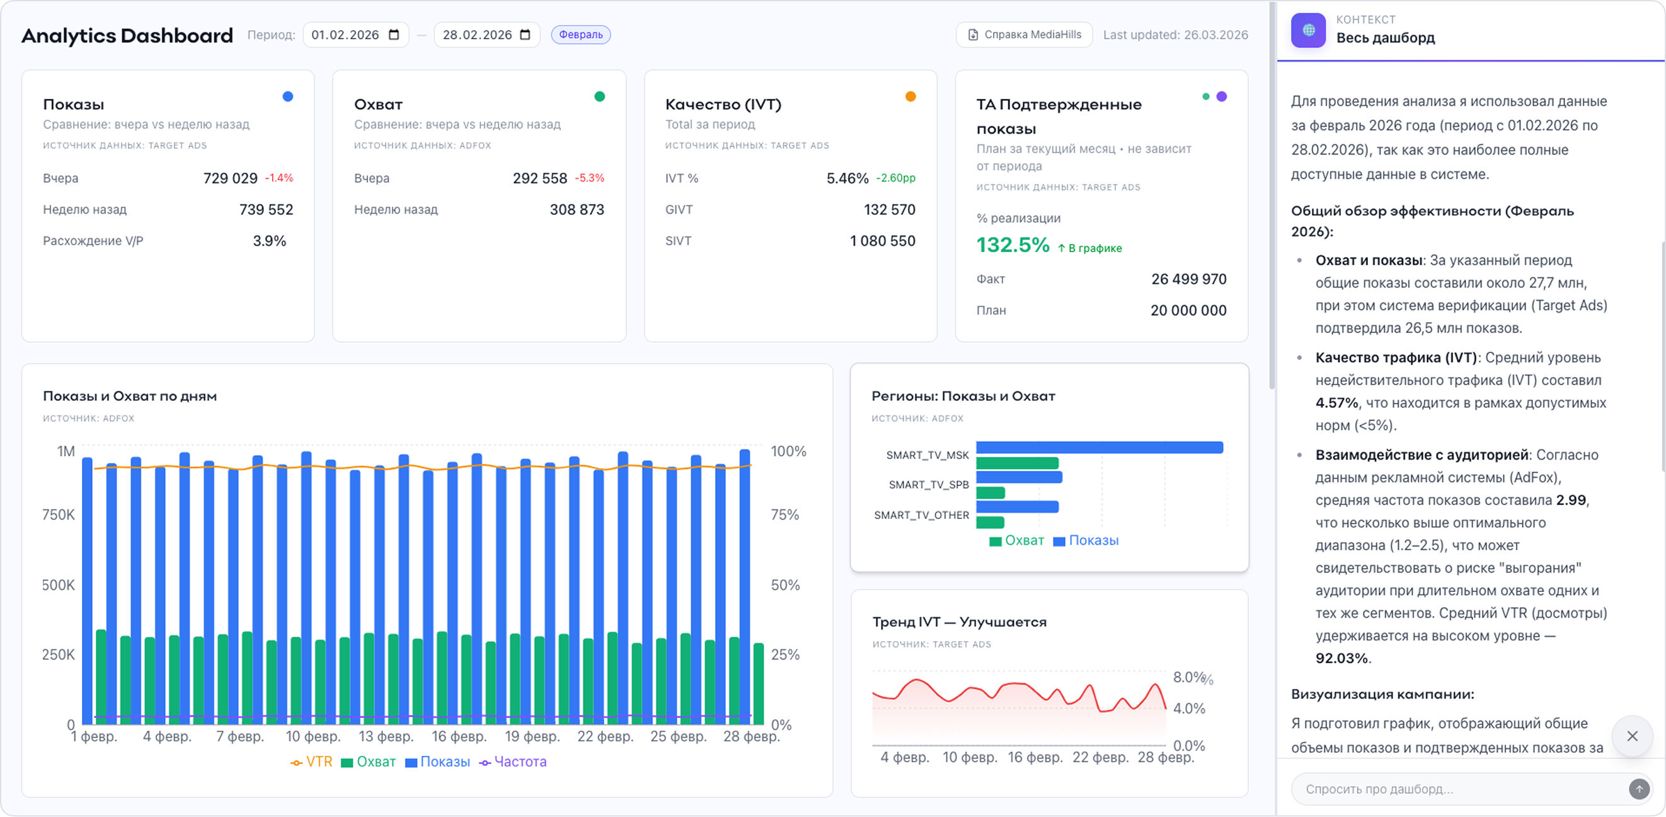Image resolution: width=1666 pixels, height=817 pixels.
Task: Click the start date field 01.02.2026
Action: point(354,35)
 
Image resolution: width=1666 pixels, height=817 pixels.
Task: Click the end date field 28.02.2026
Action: point(486,35)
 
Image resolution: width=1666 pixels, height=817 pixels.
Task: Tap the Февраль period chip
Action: point(580,35)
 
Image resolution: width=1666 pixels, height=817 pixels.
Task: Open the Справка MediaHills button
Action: point(1024,35)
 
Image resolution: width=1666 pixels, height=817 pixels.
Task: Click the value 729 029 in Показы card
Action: point(230,178)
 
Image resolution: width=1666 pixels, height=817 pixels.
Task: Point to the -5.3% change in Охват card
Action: point(589,178)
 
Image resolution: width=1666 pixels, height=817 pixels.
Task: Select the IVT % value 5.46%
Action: point(847,178)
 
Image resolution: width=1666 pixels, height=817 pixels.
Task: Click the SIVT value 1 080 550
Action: point(882,241)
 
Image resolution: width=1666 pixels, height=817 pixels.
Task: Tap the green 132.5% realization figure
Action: point(1012,245)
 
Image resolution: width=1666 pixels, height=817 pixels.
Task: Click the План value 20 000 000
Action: point(1188,311)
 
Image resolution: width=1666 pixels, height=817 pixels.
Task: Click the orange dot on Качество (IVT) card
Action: point(910,97)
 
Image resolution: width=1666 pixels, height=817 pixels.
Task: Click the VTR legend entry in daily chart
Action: point(312,762)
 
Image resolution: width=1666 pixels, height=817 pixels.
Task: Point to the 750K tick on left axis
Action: point(58,515)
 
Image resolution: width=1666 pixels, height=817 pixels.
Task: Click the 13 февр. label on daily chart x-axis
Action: point(386,737)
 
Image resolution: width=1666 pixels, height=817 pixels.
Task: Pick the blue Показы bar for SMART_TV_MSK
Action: point(1099,448)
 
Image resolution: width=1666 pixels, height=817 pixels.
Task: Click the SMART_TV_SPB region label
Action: point(928,485)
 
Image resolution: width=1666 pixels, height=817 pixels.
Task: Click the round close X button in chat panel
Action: point(1632,736)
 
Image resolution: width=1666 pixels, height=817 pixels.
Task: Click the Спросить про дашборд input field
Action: point(1455,789)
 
